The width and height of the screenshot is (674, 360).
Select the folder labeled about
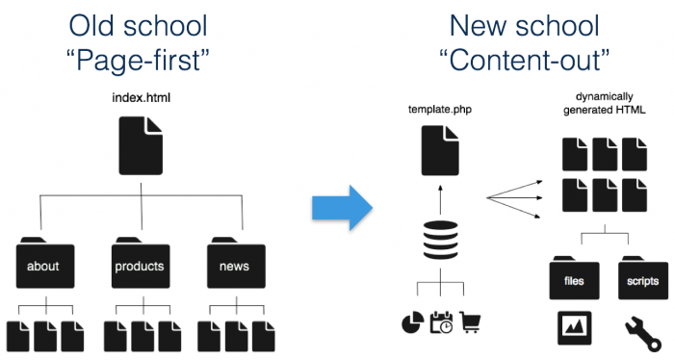click(x=45, y=261)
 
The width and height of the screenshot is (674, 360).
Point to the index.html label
click(x=142, y=99)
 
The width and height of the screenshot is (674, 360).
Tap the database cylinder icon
click(x=439, y=242)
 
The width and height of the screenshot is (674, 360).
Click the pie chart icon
click(x=411, y=322)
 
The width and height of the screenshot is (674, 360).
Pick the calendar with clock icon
click(x=441, y=322)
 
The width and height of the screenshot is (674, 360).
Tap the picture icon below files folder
click(x=575, y=328)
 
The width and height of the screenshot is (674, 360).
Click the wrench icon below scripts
click(x=636, y=328)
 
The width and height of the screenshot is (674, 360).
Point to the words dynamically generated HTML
click(x=604, y=104)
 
